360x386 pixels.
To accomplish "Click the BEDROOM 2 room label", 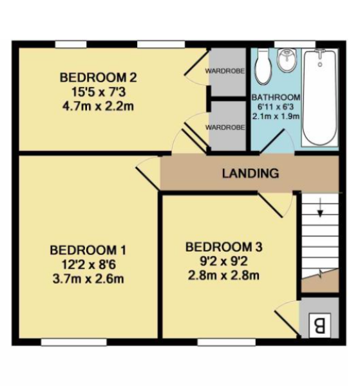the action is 98,78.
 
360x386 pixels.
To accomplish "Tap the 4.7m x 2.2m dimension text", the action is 98,106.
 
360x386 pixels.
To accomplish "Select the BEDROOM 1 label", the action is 88,250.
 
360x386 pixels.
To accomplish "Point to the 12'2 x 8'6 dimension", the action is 88,265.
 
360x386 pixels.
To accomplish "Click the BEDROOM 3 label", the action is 223,247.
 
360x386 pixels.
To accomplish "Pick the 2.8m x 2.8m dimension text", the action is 223,275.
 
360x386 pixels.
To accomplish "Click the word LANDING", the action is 251,173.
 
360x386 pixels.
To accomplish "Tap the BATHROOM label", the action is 276,98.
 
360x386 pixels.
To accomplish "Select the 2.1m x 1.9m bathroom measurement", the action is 276,116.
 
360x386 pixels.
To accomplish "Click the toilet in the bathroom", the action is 262,66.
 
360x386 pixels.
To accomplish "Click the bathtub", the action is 319,98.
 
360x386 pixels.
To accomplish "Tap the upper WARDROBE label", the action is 225,71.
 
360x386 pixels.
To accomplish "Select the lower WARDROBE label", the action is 225,127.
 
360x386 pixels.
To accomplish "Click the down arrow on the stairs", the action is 320,207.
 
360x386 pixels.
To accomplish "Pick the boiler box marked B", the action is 319,325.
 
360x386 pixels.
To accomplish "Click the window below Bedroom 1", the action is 73,342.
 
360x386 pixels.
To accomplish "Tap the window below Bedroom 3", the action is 226,342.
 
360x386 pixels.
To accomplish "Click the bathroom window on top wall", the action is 295,44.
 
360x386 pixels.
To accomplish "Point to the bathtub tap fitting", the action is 320,53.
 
